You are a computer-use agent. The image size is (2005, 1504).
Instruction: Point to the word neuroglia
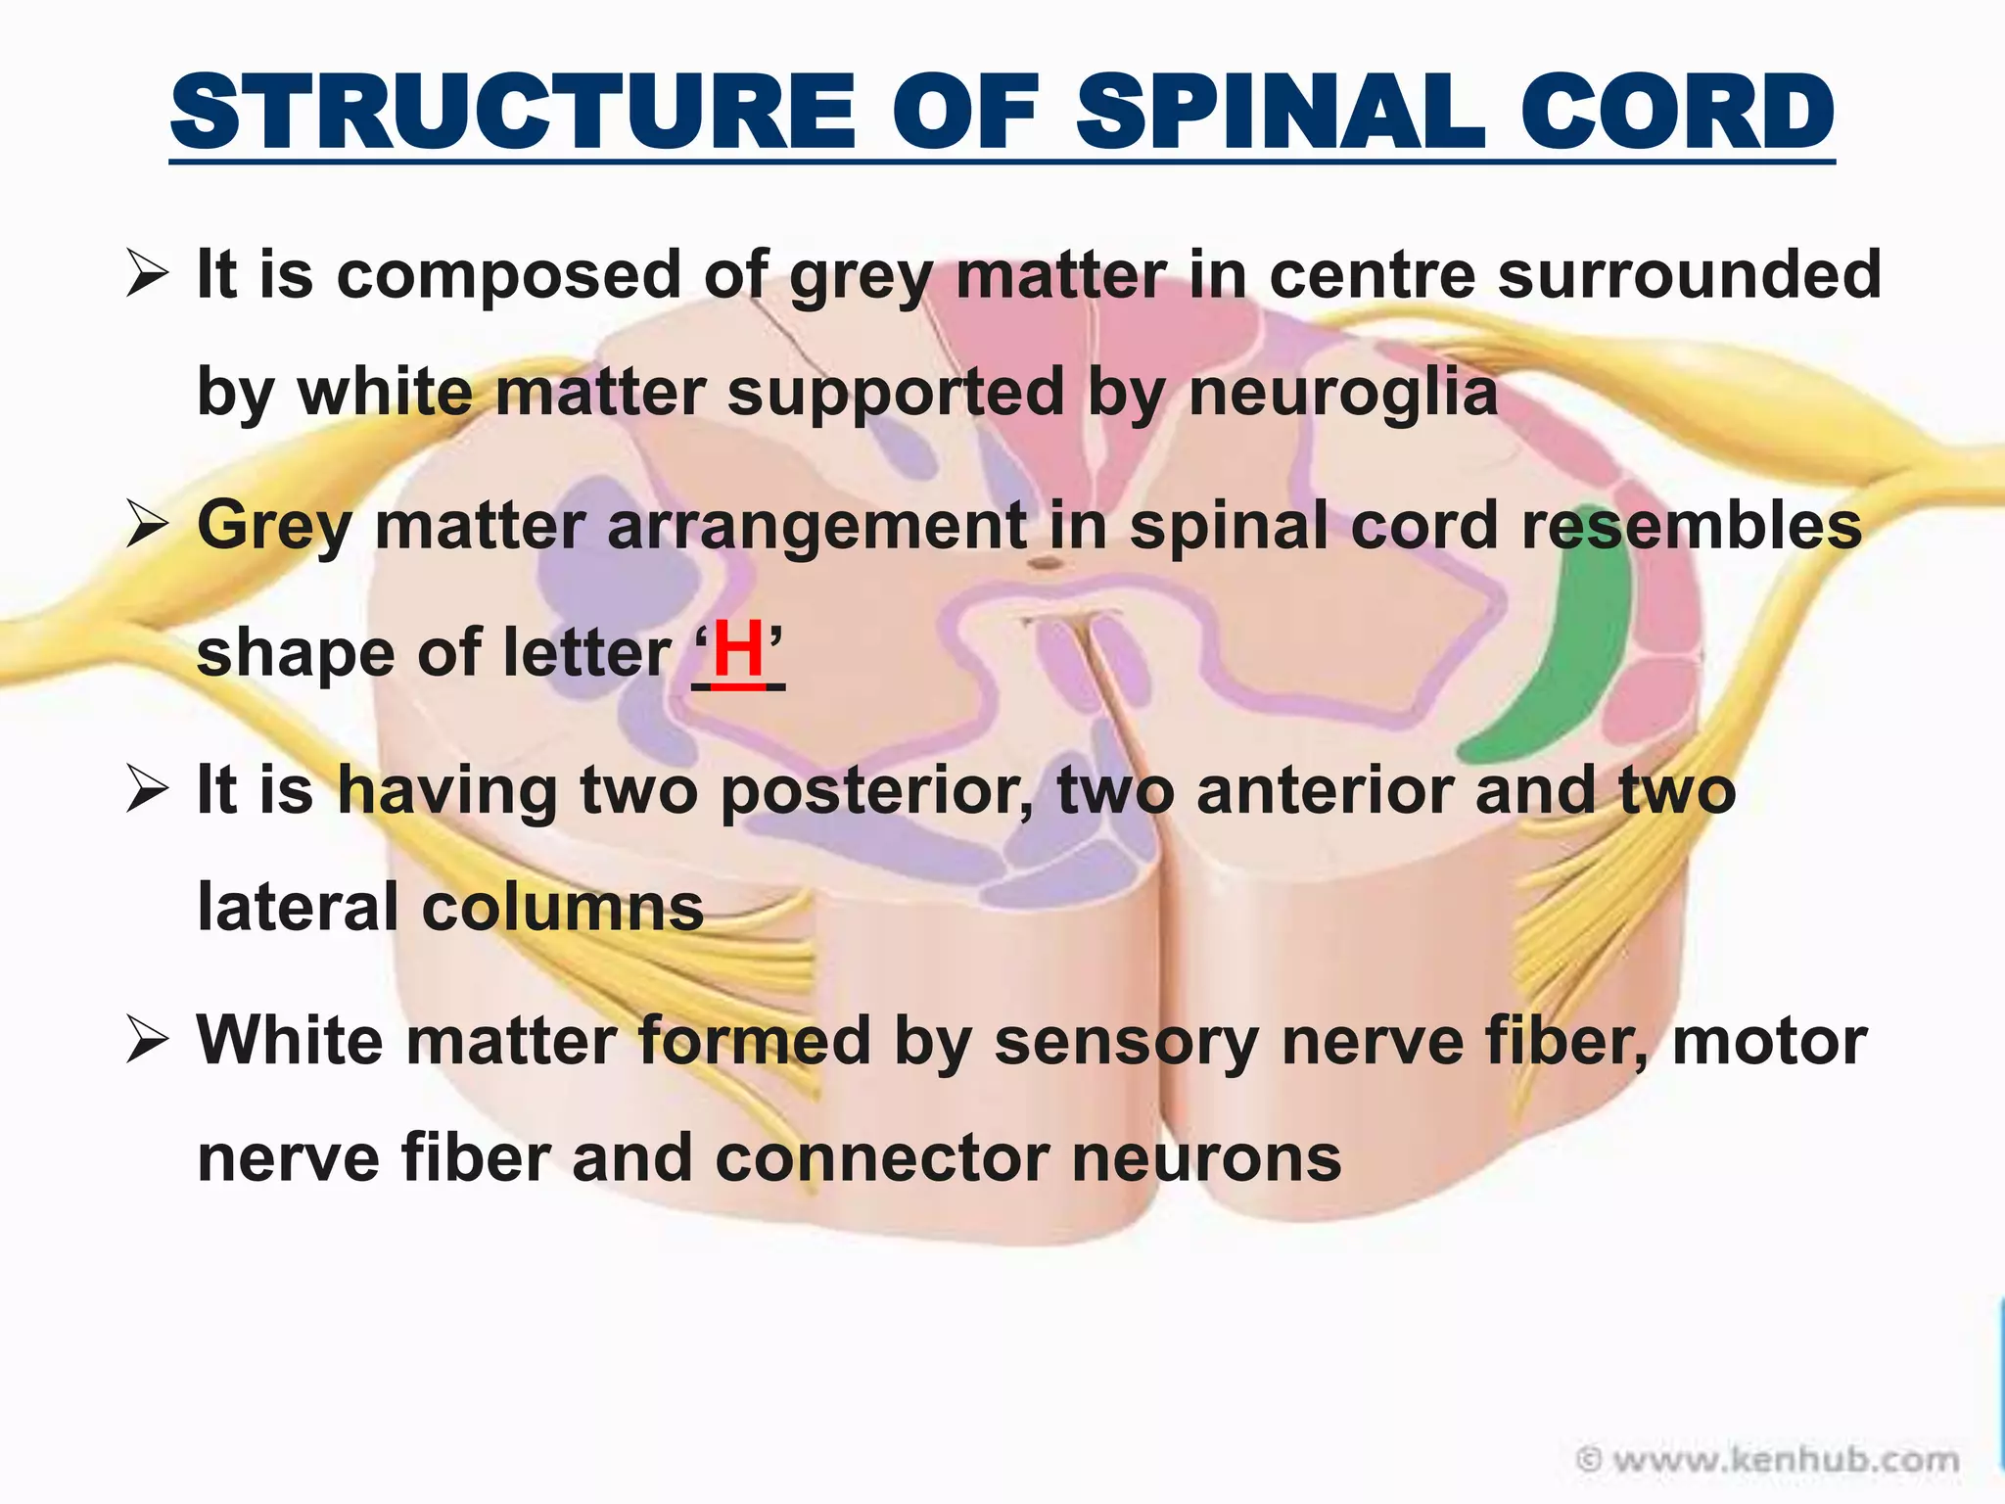[x=1342, y=393]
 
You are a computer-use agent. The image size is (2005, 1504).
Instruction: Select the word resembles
[x=1691, y=526]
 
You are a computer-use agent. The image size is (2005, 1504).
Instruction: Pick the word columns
[x=562, y=907]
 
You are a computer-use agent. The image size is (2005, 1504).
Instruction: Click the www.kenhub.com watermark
[x=1767, y=1460]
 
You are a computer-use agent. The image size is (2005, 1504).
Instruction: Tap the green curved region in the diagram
[x=1557, y=666]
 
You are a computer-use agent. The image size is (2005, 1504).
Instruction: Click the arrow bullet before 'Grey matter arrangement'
[x=148, y=526]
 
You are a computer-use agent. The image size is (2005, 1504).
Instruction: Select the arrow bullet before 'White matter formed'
[x=148, y=1042]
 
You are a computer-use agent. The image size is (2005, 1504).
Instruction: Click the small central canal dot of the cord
[x=1046, y=564]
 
